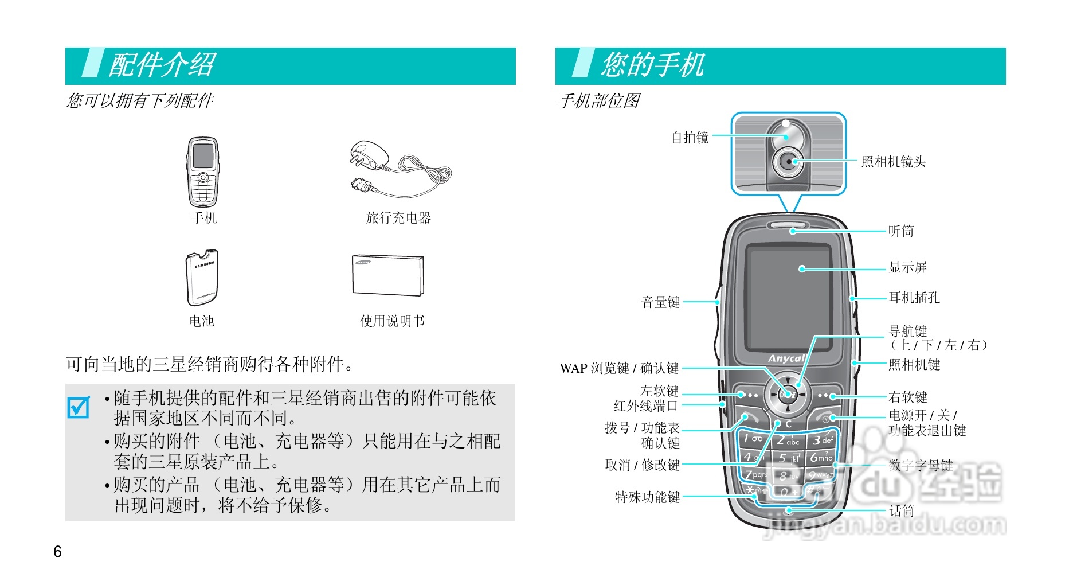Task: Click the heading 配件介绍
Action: [x=162, y=65]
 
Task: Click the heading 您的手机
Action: [x=652, y=65]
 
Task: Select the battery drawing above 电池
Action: [x=202, y=278]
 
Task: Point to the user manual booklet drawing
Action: [x=388, y=276]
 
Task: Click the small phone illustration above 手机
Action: [x=203, y=172]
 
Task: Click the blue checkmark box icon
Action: [x=79, y=407]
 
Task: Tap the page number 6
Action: [x=57, y=552]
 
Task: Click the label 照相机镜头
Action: [x=893, y=162]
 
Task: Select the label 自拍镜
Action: [x=690, y=138]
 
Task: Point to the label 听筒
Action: [x=900, y=231]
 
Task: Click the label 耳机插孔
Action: [x=914, y=298]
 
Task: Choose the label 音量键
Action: [x=660, y=302]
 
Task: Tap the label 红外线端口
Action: [x=645, y=406]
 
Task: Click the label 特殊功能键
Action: [x=647, y=497]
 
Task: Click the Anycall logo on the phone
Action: [x=786, y=358]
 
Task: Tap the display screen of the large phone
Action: [x=788, y=298]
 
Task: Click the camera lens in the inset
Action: [x=789, y=162]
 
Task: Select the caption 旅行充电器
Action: [x=398, y=218]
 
